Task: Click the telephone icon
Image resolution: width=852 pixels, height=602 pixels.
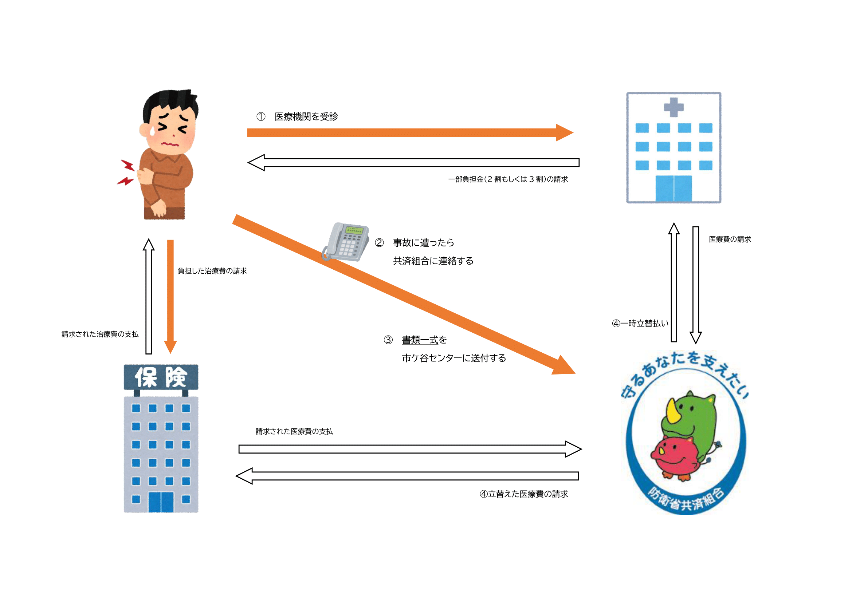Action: (x=346, y=242)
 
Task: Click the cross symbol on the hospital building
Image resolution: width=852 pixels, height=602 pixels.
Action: (x=674, y=107)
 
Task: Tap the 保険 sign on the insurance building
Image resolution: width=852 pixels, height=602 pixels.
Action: (x=161, y=377)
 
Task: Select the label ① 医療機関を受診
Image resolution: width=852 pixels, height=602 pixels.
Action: (x=297, y=116)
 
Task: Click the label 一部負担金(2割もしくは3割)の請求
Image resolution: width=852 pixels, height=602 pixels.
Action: (x=508, y=179)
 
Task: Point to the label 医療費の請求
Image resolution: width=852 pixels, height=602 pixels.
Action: (x=730, y=239)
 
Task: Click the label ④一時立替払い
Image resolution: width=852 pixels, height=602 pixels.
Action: (x=640, y=324)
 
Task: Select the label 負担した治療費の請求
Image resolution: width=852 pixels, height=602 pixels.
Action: (x=212, y=271)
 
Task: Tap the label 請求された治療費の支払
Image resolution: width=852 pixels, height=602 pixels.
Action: (x=100, y=334)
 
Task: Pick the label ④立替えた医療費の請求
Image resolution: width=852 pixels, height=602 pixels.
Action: (x=523, y=494)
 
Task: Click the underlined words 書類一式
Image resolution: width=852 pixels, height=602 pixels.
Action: (x=420, y=340)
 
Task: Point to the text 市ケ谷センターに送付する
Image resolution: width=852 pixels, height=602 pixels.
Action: (x=454, y=358)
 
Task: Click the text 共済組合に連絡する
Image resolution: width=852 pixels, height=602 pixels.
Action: (x=433, y=261)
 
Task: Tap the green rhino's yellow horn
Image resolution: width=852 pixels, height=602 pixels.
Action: (x=672, y=412)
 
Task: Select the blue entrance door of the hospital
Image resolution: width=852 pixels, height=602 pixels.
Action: (x=674, y=188)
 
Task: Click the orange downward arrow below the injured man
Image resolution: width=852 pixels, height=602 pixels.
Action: (x=170, y=297)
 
